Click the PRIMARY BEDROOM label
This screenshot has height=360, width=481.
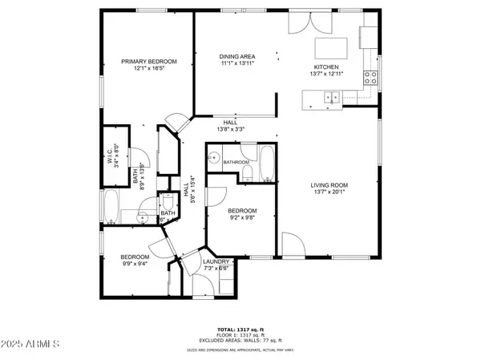[148, 62]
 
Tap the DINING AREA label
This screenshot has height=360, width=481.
[236, 57]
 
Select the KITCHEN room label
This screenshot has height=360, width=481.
[326, 67]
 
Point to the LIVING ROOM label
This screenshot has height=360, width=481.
[330, 185]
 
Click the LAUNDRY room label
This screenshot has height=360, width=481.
[216, 261]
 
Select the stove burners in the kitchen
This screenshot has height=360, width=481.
[371, 78]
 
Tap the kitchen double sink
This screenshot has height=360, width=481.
[331, 98]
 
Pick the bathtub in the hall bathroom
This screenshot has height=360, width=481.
[268, 164]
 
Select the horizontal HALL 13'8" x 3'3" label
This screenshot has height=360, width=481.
[230, 125]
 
